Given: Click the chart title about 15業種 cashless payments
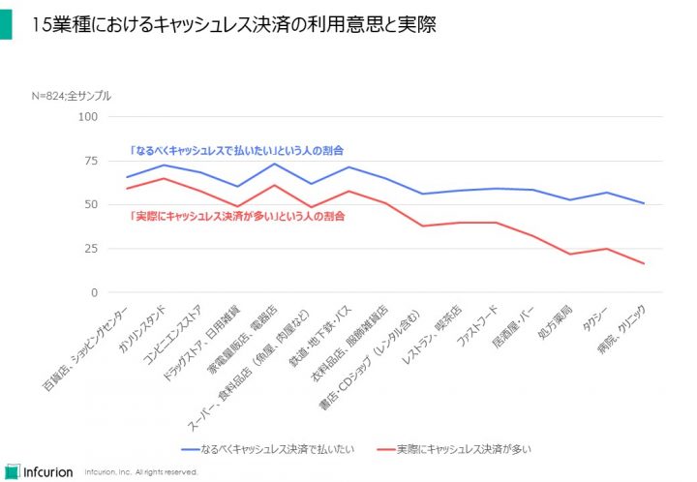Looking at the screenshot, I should click(233, 24).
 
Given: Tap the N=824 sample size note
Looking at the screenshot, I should click(71, 96).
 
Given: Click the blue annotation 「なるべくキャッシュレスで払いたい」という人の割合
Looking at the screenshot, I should click(237, 151).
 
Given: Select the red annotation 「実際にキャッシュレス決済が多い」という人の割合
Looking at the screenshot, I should click(237, 216).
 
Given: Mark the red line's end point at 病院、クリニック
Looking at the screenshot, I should click(644, 264).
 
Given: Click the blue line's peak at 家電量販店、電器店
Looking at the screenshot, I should click(274, 164).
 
